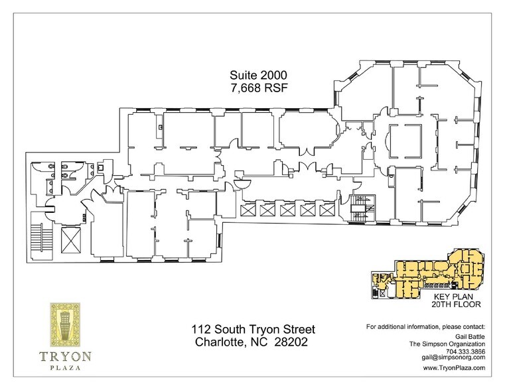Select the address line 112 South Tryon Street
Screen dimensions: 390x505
tap(252, 330)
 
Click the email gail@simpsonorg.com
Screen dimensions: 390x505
tap(454, 358)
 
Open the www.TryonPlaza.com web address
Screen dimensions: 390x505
tap(454, 368)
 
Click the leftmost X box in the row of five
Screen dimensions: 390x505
tap(249, 210)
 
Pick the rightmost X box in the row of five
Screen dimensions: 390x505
tap(326, 210)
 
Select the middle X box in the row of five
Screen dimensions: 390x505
tap(287, 210)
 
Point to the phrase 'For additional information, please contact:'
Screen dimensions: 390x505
tap(425, 328)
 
